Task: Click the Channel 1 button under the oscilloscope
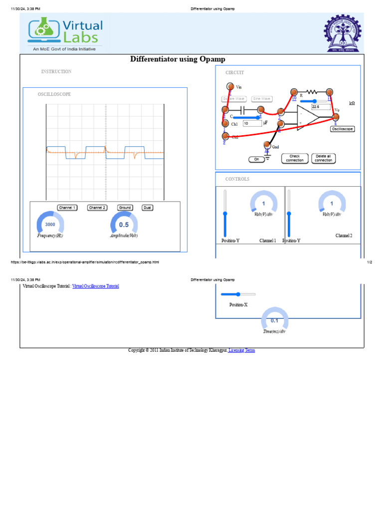pyautogui.click(x=67, y=208)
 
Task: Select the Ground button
pyautogui.click(x=125, y=208)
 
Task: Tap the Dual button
pyautogui.click(x=147, y=208)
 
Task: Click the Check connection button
pyautogui.click(x=295, y=158)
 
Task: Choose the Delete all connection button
pyautogui.click(x=323, y=158)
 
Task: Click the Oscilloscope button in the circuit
pyautogui.click(x=343, y=129)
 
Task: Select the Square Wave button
pyautogui.click(x=234, y=99)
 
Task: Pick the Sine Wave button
pyautogui.click(x=262, y=99)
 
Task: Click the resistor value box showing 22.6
pyautogui.click(x=320, y=107)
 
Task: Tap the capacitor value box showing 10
pyautogui.click(x=252, y=123)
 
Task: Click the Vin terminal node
pyautogui.click(x=230, y=86)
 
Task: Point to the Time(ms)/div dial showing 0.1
pyautogui.click(x=275, y=320)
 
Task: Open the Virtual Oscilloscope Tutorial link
pyautogui.click(x=96, y=286)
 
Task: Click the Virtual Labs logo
pyautogui.click(x=65, y=31)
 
